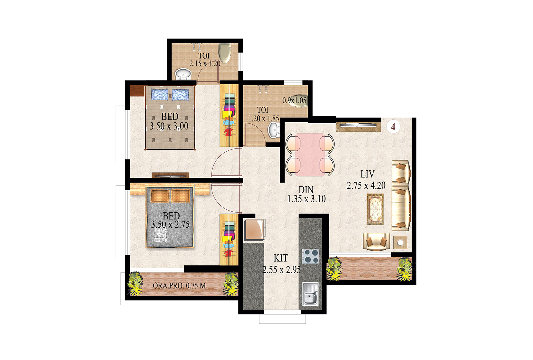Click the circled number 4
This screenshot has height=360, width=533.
(x=393, y=126)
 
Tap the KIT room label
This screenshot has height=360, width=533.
(x=281, y=258)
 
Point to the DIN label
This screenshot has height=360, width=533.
(x=306, y=190)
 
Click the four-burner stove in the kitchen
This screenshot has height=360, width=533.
(x=310, y=256)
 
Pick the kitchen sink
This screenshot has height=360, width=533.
(x=310, y=294)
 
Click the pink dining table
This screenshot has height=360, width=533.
(x=310, y=155)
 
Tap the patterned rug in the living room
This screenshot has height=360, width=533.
(x=375, y=209)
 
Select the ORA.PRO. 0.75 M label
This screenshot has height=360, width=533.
(x=179, y=285)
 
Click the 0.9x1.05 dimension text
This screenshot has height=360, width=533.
(x=294, y=100)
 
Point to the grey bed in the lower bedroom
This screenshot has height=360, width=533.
(x=170, y=217)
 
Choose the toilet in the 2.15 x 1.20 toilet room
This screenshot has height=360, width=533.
(x=225, y=53)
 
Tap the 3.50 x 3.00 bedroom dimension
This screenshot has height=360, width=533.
(x=169, y=126)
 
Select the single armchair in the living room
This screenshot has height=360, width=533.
(x=376, y=242)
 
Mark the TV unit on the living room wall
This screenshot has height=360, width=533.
(x=358, y=127)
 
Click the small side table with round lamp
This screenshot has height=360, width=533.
(x=400, y=243)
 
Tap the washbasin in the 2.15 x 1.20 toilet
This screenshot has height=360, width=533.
(x=183, y=74)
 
